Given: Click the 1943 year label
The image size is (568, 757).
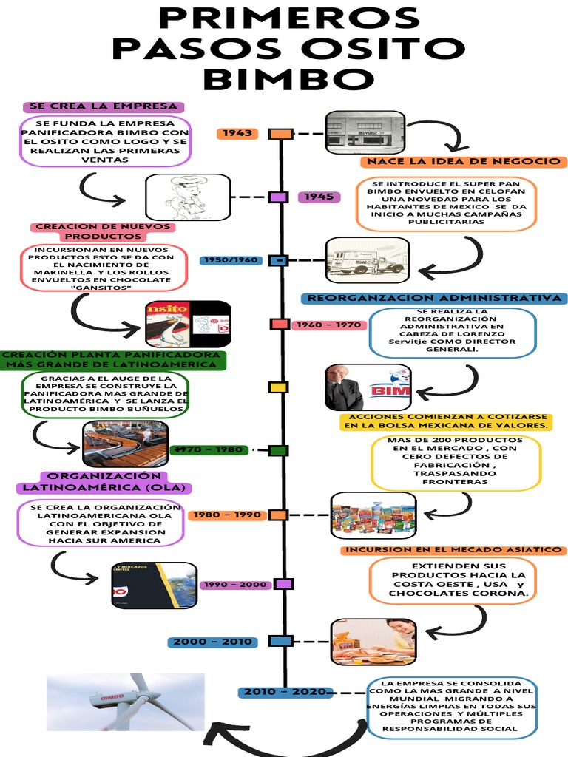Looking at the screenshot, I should (x=237, y=134).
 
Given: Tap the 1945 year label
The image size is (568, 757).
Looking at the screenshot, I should (x=319, y=197).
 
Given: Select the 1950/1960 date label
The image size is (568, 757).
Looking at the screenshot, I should (x=231, y=260).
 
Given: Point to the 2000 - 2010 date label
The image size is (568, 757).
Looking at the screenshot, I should (x=213, y=642).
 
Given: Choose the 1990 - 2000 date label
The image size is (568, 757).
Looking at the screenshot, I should (x=235, y=584).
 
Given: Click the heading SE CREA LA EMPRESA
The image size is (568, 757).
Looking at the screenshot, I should (x=104, y=106).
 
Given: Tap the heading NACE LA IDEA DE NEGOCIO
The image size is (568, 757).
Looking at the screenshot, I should (x=464, y=162).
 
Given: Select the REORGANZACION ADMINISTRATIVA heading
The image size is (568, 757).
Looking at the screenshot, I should (x=434, y=298).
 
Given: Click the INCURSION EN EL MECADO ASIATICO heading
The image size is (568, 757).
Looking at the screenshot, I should (x=454, y=550).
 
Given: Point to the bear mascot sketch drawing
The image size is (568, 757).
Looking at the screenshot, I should (x=188, y=197).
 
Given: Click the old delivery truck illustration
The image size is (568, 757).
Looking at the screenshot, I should (x=367, y=260).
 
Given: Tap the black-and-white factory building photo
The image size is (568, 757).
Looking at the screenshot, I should (x=365, y=132).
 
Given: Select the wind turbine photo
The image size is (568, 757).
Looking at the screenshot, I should (x=126, y=702).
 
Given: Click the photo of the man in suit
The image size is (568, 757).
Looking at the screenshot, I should (x=343, y=387).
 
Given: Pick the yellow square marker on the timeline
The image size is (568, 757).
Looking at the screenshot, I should (x=278, y=387).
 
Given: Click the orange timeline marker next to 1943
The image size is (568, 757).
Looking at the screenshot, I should (x=280, y=134).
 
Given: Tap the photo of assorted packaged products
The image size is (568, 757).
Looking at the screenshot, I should (x=373, y=515).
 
